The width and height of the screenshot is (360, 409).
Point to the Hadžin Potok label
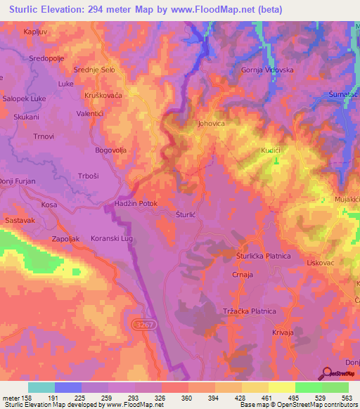(137, 203)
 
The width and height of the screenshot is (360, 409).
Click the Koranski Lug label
(111, 238)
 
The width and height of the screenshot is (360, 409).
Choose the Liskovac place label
(320, 262)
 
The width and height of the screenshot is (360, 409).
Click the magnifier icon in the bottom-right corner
(327, 373)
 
